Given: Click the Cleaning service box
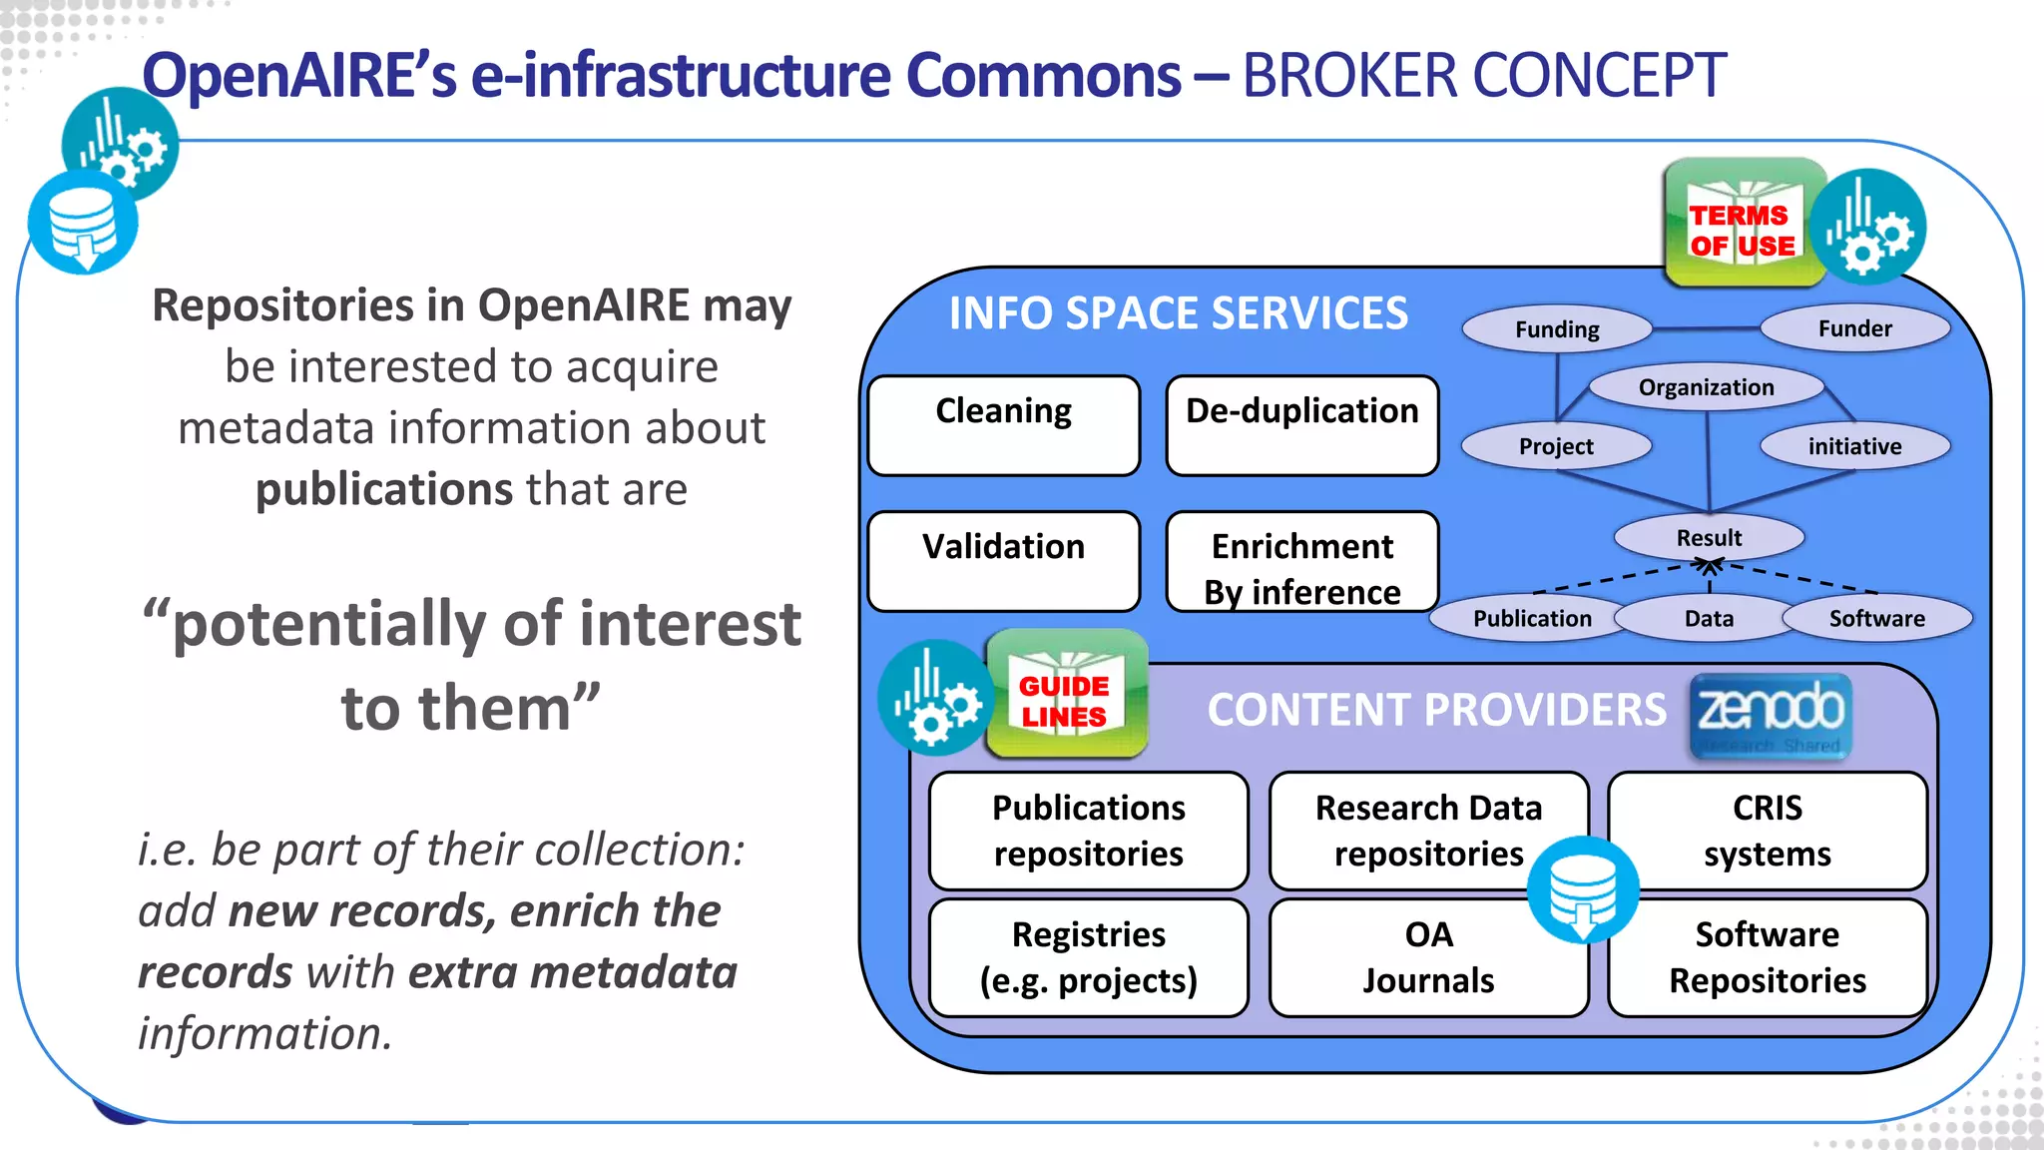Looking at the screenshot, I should pos(1003,425).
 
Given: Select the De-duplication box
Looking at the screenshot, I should pos(1301,425).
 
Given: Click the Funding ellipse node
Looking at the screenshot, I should pos(1556,329).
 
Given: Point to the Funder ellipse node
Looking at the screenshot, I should pos(1854,328).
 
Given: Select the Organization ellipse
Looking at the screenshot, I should pos(1706,387).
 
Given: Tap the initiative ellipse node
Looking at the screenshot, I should pos(1854,446).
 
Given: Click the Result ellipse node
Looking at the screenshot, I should pos(1709,537).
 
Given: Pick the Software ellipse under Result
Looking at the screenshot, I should pos(1876,618).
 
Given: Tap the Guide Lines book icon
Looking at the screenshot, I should pos(1065,695).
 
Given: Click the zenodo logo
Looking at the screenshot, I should pos(1771,715).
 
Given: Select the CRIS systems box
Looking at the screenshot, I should pos(1767,830).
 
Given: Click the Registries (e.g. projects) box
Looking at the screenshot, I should pos(1088,957).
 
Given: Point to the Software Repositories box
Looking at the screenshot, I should pos(1767,957).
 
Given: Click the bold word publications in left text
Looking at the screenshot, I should pos(384,489).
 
